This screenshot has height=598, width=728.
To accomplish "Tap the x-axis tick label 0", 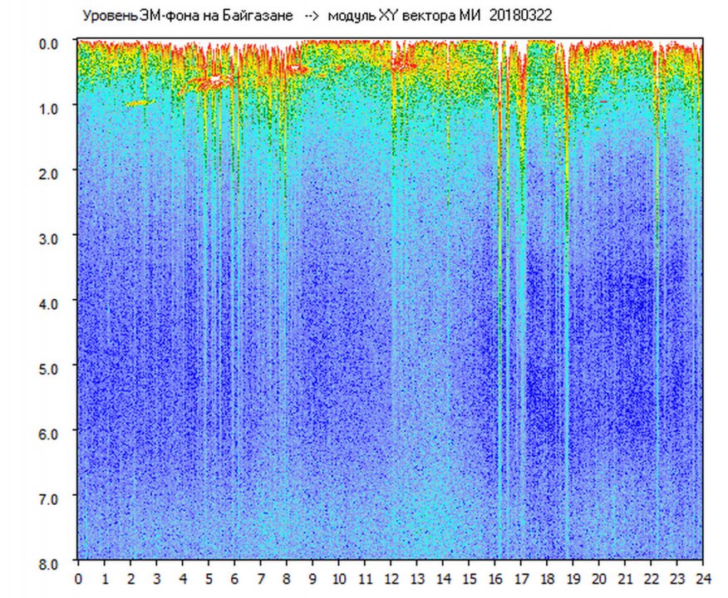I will [x=78, y=579].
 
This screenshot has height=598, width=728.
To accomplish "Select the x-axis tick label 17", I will [x=521, y=579].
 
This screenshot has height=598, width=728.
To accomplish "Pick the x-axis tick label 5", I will [x=209, y=579].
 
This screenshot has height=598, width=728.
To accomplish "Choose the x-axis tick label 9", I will [x=312, y=579].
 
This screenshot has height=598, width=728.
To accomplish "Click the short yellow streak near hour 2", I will [x=140, y=103].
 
